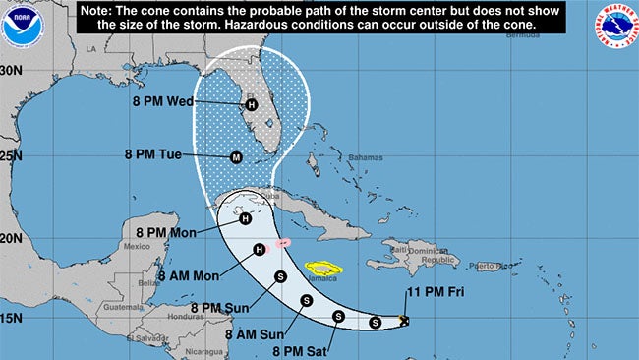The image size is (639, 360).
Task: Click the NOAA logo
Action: click(x=17, y=28)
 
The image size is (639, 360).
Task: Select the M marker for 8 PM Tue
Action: click(x=236, y=157)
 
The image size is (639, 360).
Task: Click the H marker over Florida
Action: click(x=251, y=105)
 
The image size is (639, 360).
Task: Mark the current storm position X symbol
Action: click(x=404, y=321)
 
